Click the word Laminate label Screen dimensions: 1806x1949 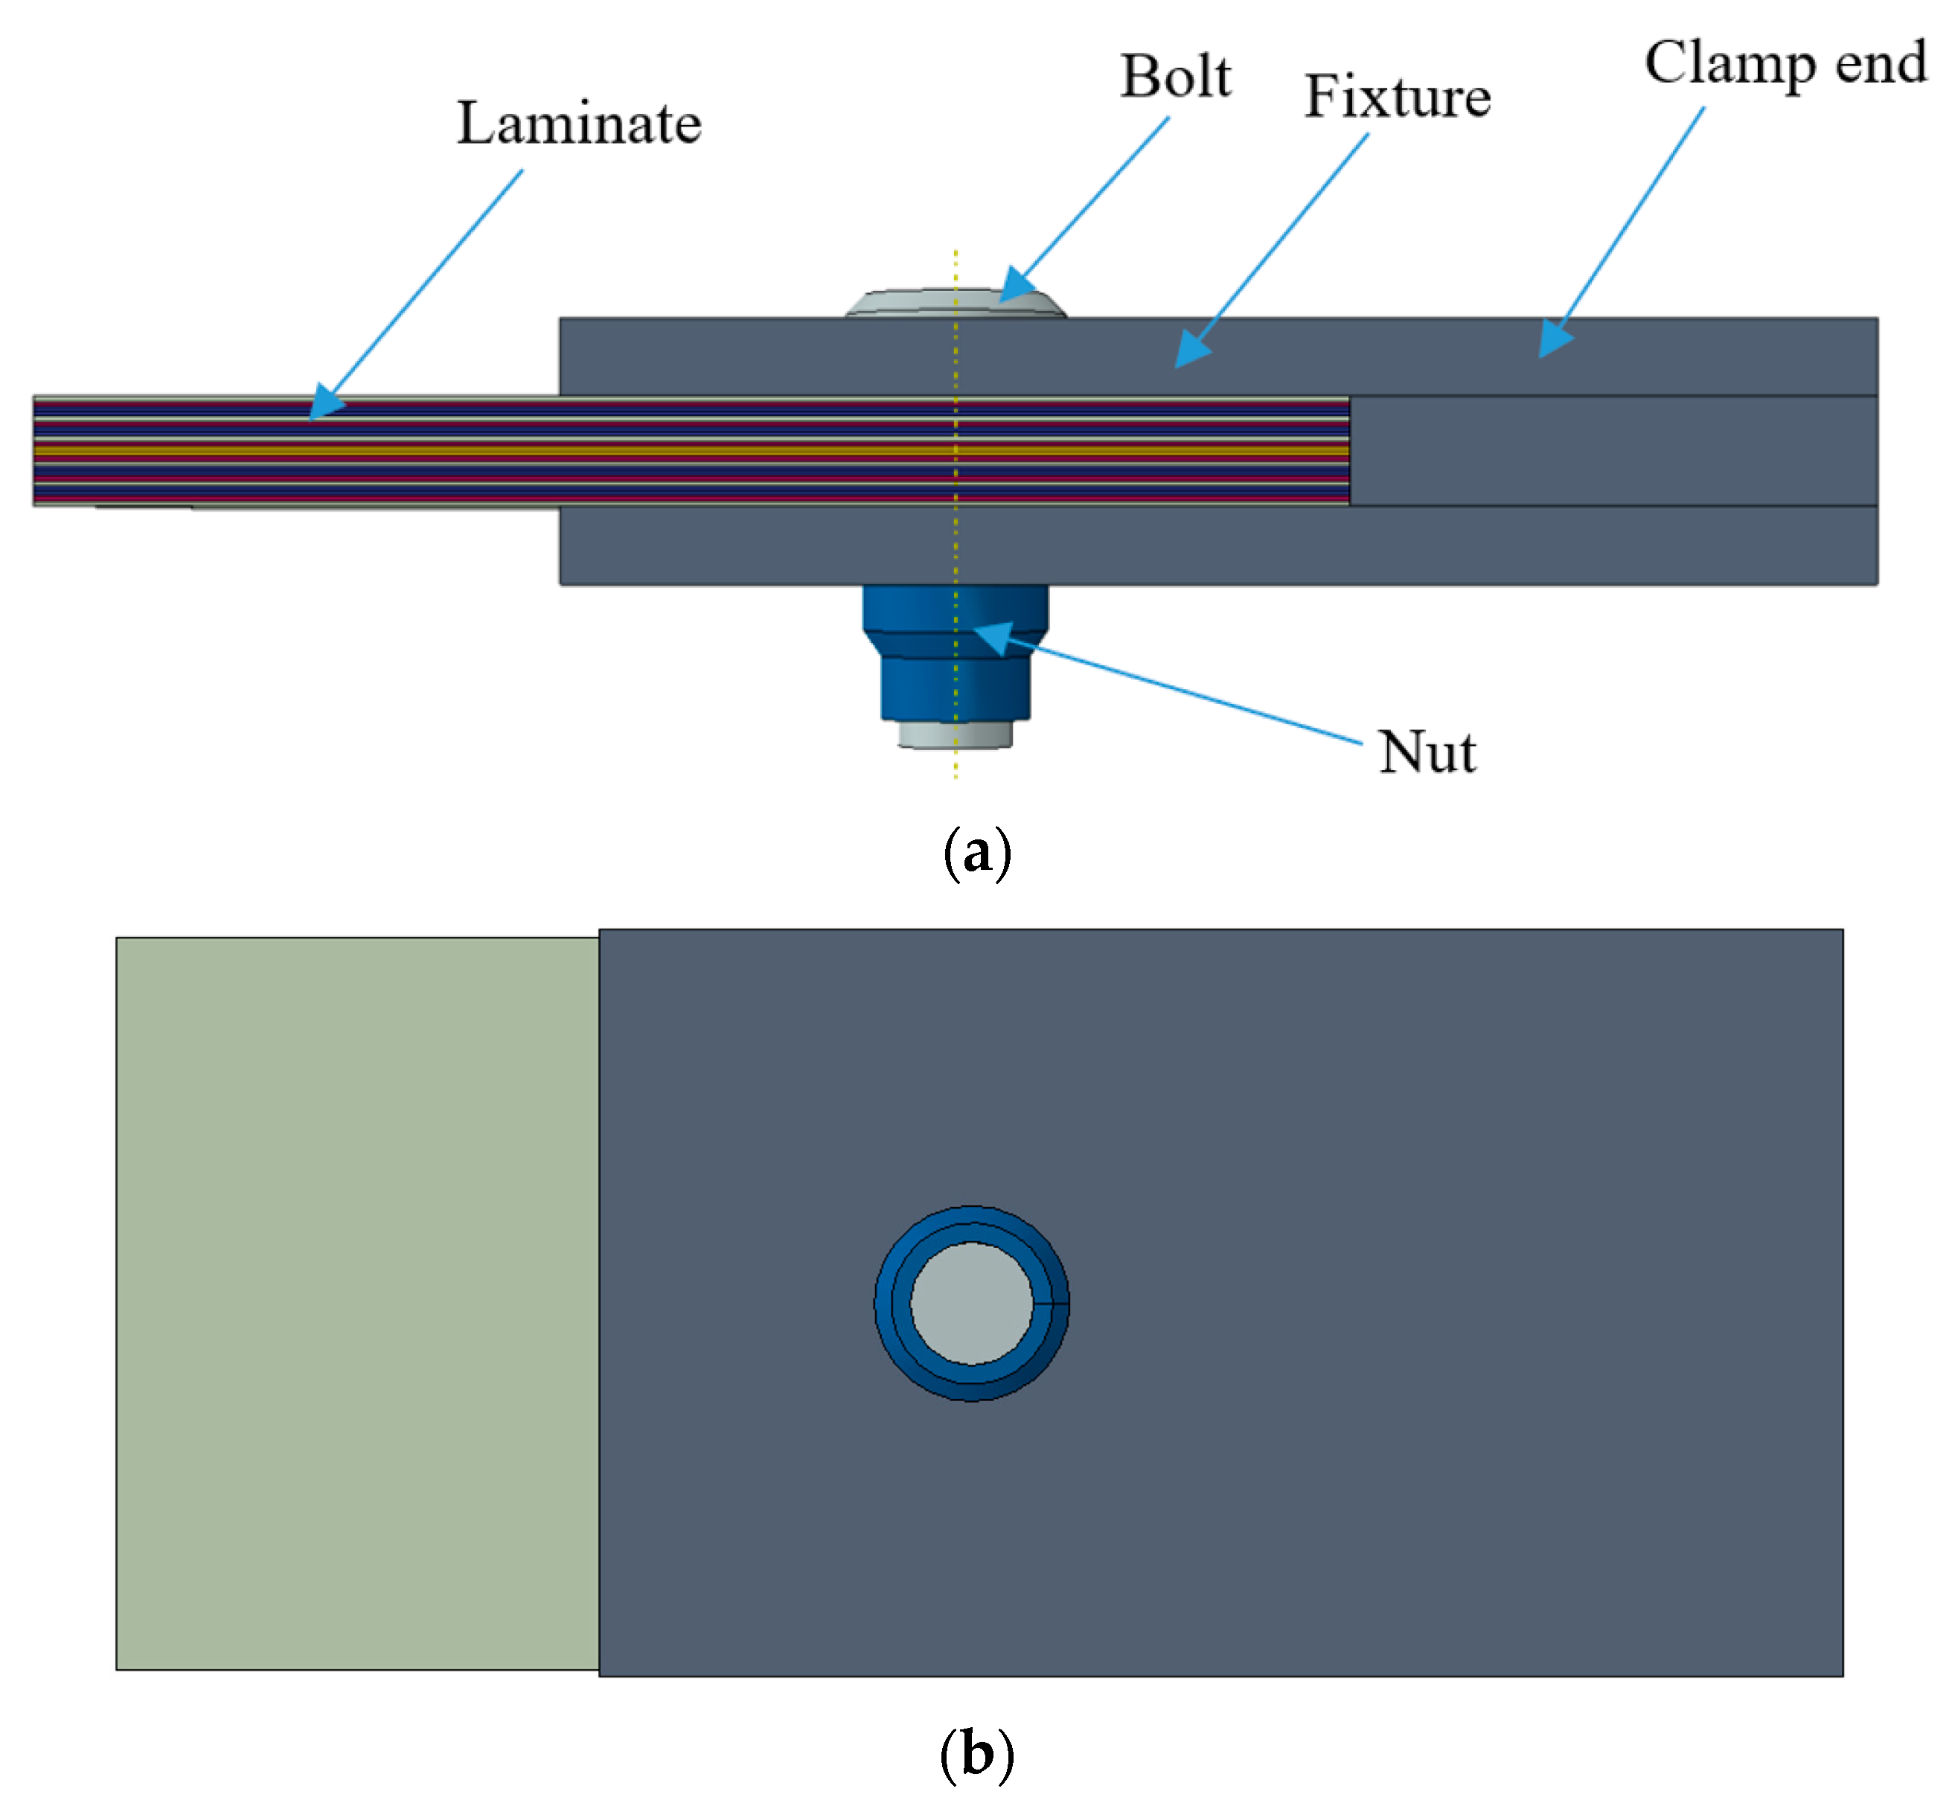point(579,124)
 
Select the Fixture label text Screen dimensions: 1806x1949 point(1397,97)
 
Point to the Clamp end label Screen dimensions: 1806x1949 point(1785,63)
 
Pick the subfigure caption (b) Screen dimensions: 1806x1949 point(976,1753)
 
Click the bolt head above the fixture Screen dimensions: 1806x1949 point(955,303)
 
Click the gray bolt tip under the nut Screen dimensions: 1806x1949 point(955,735)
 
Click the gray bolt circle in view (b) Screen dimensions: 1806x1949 point(970,1303)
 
